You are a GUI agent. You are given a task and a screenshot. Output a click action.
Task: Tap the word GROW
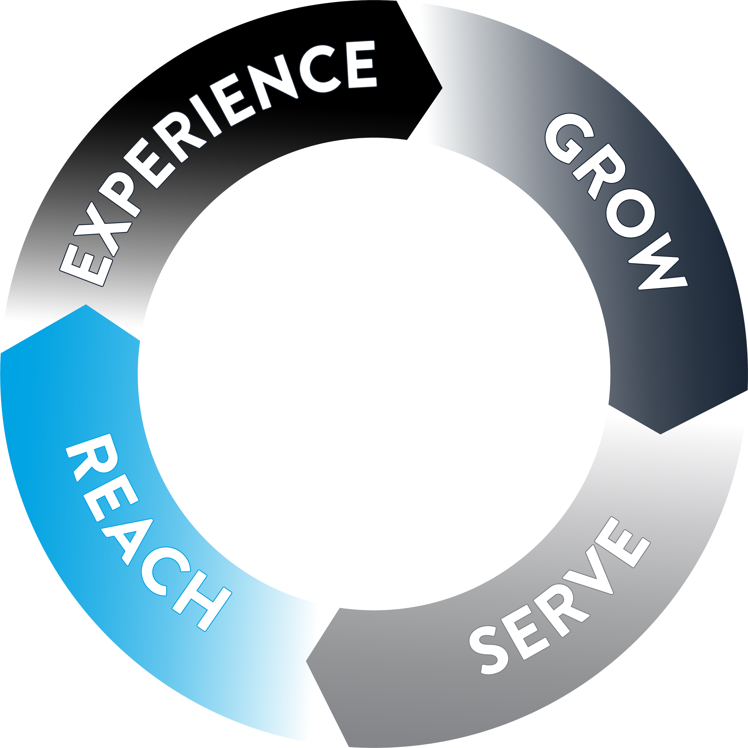pos(615,201)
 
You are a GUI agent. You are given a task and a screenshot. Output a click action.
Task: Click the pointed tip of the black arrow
pos(442,86)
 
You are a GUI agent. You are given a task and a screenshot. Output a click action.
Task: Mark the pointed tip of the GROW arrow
pos(661,434)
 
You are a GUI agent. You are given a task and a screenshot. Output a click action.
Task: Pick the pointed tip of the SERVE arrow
pos(307,661)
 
